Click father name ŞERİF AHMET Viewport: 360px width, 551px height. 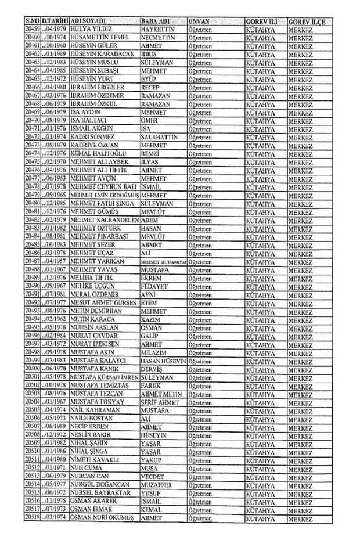click(x=161, y=402)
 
